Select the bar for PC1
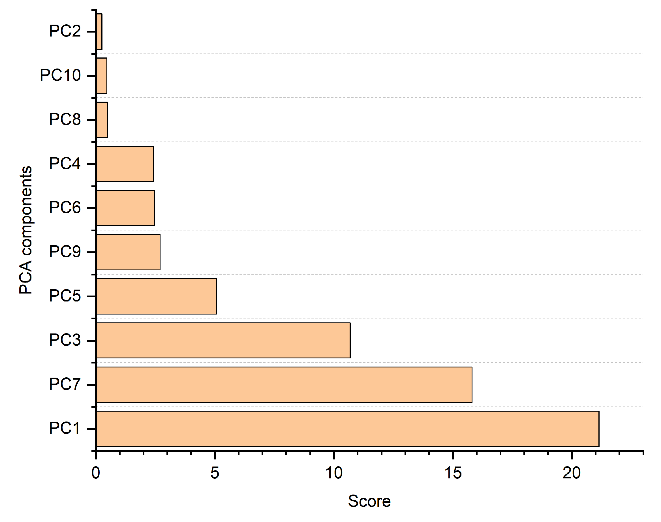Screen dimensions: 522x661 click(x=347, y=429)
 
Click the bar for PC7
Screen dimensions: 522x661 click(x=284, y=384)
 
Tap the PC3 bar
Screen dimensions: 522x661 click(x=223, y=340)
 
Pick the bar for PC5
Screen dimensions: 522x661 click(x=156, y=296)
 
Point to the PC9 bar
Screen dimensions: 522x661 click(x=128, y=252)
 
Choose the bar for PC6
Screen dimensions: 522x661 click(x=125, y=208)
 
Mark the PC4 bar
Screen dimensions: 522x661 click(x=125, y=164)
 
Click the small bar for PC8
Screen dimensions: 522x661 click(x=102, y=120)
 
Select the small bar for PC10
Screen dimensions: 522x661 click(x=101, y=76)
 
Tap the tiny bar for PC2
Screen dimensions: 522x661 click(x=99, y=31)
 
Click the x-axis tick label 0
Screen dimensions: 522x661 click(x=96, y=473)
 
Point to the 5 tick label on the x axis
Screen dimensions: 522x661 click(x=215, y=473)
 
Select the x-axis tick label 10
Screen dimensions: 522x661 click(x=333, y=473)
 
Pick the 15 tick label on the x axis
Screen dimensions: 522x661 click(x=453, y=473)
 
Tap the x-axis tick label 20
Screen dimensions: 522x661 click(x=572, y=473)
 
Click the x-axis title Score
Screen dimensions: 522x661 click(x=369, y=501)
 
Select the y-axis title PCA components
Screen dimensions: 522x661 click(x=26, y=230)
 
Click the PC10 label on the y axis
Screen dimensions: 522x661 click(x=60, y=75)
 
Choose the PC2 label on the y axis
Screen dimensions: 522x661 click(x=65, y=31)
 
